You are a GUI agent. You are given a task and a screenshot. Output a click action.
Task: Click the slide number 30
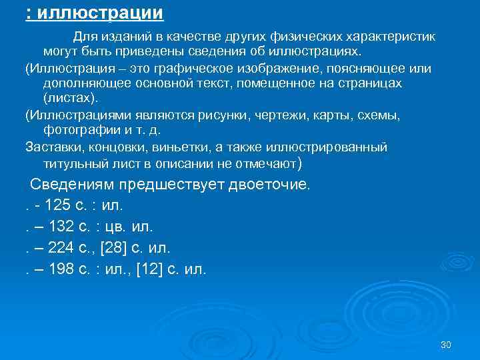446,345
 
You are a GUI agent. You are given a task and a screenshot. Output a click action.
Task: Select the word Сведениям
73,184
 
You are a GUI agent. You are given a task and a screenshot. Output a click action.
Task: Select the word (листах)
70,97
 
